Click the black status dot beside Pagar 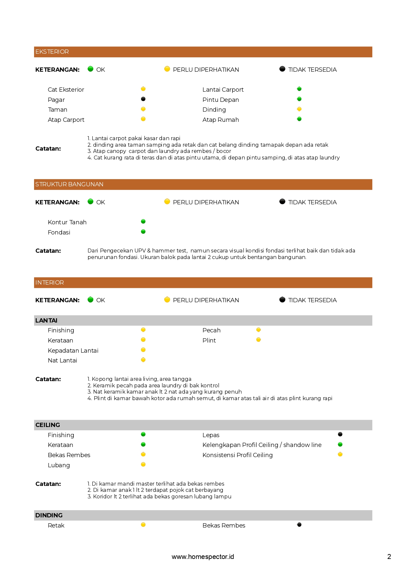(x=143, y=99)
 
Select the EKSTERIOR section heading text (x=52, y=52)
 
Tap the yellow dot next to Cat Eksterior (x=143, y=89)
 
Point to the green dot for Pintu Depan (x=299, y=99)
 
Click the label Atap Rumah (x=221, y=120)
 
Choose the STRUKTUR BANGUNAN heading (x=69, y=184)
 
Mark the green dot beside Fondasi (x=143, y=232)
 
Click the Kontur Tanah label (x=67, y=222)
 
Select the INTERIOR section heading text (x=49, y=283)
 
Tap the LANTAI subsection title (x=46, y=321)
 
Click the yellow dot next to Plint (x=259, y=340)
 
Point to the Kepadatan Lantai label (x=73, y=351)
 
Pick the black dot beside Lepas (x=340, y=434)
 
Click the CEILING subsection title (x=48, y=425)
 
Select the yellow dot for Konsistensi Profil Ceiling (x=340, y=454)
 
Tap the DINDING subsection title (x=49, y=515)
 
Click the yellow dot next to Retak (x=143, y=525)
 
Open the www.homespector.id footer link (x=203, y=557)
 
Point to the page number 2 (x=389, y=557)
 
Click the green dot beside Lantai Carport (x=299, y=89)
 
